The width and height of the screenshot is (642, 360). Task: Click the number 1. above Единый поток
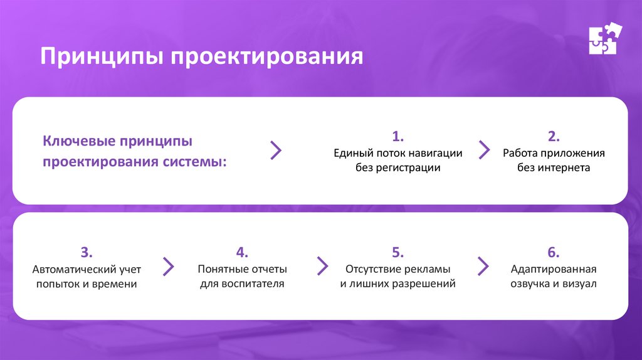pos(398,137)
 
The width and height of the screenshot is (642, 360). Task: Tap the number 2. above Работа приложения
pos(554,137)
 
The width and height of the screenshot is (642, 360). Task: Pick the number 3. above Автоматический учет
pos(87,253)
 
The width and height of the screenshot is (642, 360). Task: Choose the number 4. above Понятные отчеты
pos(242,253)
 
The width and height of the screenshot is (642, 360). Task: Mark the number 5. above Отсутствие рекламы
pos(397,253)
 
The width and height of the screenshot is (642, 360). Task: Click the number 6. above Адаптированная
pos(553,253)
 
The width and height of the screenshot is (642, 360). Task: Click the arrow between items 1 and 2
pos(484,150)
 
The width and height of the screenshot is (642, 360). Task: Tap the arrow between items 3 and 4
pos(168,266)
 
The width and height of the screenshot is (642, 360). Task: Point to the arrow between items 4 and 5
pos(323,266)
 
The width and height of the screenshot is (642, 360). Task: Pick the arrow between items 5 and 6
pos(483,266)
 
